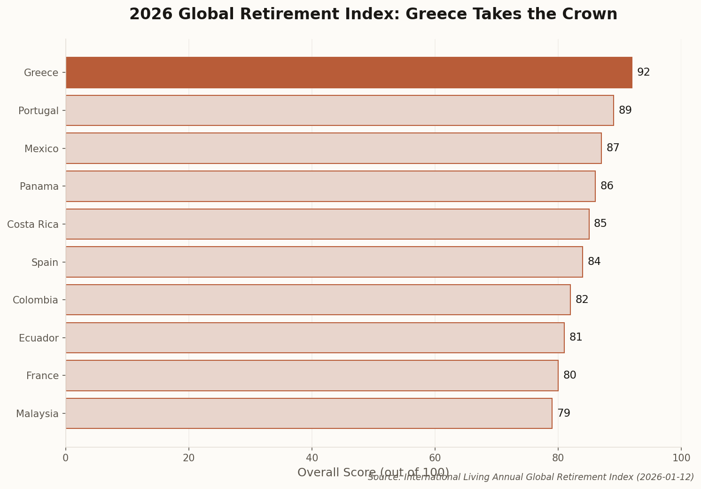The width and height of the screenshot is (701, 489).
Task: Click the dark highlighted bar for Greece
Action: point(349,72)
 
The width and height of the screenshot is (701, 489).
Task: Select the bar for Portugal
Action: point(339,110)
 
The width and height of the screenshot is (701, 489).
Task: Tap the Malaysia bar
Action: point(309,413)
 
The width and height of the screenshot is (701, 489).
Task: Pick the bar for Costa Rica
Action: point(327,224)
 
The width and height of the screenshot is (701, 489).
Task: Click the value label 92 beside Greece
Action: point(643,72)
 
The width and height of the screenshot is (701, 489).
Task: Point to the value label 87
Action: point(613,148)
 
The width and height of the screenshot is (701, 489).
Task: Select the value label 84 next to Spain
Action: point(594,262)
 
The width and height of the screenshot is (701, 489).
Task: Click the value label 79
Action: point(563,413)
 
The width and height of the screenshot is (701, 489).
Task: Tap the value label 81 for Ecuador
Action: point(576,337)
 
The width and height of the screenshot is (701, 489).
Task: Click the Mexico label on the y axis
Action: point(41,149)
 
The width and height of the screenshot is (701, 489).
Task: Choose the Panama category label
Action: point(39,186)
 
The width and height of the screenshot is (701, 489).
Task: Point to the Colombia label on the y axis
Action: point(35,300)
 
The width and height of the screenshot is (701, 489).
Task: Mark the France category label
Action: point(42,376)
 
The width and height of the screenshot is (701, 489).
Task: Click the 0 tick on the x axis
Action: point(66,458)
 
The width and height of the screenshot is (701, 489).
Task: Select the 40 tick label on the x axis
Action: point(312,458)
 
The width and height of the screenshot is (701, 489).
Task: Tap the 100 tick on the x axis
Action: point(681,458)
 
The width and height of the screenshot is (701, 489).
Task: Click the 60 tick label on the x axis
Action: point(435,458)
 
